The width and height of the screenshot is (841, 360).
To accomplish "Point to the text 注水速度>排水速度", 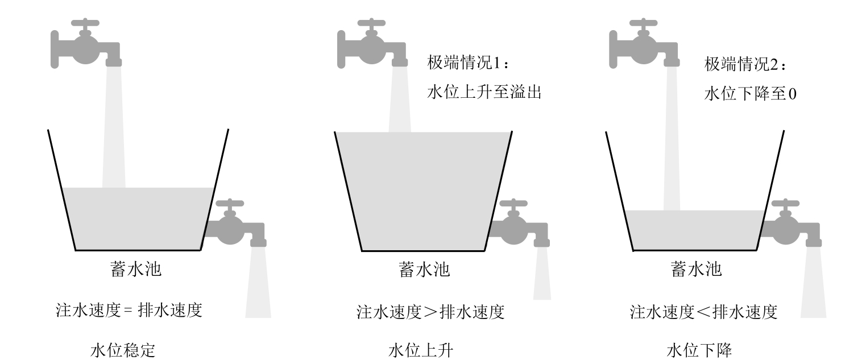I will coord(430,312).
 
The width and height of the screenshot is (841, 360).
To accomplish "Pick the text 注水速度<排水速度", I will coord(704,312).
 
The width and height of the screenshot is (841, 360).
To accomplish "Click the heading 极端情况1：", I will coord(470,63).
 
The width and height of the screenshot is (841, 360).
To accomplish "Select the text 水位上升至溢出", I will coord(483,92).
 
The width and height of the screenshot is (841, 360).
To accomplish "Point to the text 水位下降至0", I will coord(750,93).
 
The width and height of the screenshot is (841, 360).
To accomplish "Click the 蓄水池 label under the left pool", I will coord(135,269).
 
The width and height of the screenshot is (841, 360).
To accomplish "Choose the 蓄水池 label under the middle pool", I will coord(424,269).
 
